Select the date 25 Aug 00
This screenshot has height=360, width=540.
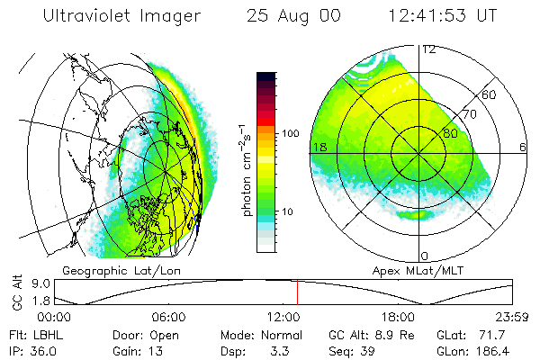coord(290,16)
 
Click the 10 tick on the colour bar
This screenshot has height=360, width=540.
coord(289,211)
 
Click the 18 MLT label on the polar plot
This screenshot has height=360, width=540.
coord(318,147)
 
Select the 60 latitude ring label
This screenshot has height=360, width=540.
coord(490,94)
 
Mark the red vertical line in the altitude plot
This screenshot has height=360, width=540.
coord(297,292)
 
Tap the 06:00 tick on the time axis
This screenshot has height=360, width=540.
coord(168,318)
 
